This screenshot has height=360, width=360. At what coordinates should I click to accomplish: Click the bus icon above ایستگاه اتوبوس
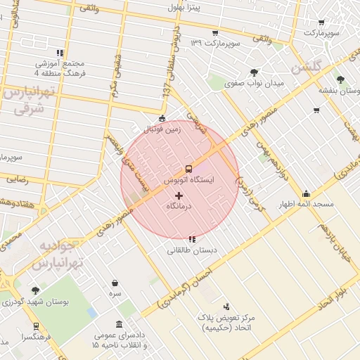(x=188, y=169)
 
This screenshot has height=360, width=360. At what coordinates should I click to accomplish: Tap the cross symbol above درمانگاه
(x=178, y=195)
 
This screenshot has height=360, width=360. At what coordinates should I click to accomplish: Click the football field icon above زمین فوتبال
(x=162, y=118)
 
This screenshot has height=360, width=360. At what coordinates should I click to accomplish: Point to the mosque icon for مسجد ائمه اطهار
(x=305, y=194)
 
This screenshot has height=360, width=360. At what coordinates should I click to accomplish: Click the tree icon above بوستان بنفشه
(x=340, y=80)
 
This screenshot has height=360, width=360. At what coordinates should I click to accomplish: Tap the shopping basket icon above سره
(x=115, y=283)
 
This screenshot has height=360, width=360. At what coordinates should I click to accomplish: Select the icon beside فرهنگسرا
(x=35, y=326)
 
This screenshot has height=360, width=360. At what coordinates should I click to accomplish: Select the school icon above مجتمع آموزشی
(x=61, y=53)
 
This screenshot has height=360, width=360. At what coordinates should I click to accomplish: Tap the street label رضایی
(x=18, y=179)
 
